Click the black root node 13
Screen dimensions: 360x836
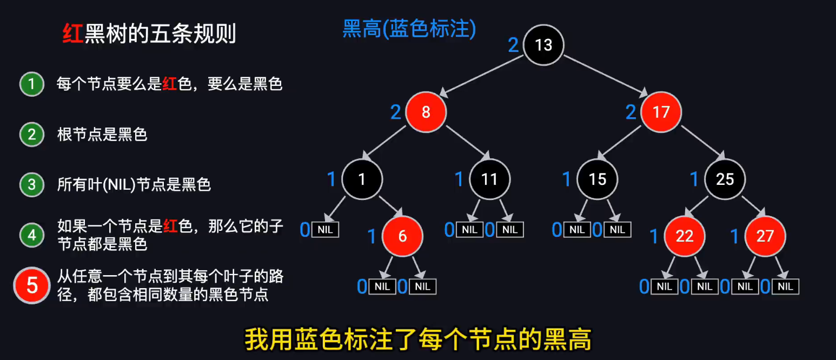click(543, 45)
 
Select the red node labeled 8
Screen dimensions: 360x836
click(426, 112)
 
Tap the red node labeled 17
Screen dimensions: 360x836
click(661, 112)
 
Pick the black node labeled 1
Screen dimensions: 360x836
click(362, 179)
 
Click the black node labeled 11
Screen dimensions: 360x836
click(489, 179)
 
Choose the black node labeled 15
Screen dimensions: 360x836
click(597, 179)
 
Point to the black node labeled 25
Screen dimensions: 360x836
click(725, 179)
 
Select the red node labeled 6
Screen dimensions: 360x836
click(402, 236)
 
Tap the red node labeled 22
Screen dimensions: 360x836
click(684, 236)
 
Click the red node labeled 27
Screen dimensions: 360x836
click(765, 236)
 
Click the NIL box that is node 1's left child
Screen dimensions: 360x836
click(326, 230)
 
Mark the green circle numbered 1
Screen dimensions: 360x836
click(32, 84)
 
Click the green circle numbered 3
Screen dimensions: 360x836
click(32, 185)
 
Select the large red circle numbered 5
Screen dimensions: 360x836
click(32, 285)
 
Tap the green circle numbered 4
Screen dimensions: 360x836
click(32, 235)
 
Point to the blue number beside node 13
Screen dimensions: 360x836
click(513, 45)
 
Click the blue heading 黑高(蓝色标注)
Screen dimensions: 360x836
click(409, 29)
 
